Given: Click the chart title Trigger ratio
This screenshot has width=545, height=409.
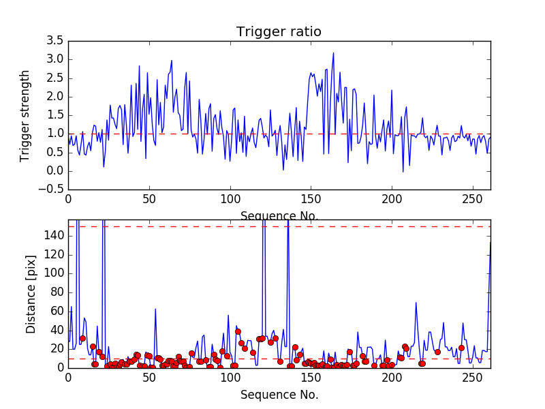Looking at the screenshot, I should [x=279, y=32].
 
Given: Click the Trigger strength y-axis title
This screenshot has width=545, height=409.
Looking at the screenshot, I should [x=26, y=115].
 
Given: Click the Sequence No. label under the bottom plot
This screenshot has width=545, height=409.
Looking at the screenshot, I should [x=279, y=395].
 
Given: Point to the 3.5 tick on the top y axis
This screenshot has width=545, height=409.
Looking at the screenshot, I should [x=55, y=41].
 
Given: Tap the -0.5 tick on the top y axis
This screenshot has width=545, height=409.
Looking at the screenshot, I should [x=52, y=190].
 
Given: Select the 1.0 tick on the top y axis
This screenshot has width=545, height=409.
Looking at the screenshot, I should [x=55, y=134].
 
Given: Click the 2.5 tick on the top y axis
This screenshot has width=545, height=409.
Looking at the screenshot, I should [x=55, y=78].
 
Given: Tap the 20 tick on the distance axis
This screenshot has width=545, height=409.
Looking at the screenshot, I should [x=56, y=348].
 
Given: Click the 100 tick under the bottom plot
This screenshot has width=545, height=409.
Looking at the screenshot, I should [x=230, y=376].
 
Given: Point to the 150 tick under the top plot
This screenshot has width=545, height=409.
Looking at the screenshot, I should [x=311, y=199].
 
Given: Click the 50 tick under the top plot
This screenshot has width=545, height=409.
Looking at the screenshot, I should [x=149, y=199].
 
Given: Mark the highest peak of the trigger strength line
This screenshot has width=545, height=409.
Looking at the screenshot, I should [x=334, y=52].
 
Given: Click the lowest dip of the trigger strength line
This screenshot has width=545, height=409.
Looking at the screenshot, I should [x=403, y=171].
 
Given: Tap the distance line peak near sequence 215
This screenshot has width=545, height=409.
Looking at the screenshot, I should [x=416, y=303].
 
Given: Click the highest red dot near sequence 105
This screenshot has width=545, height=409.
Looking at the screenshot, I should [x=238, y=331].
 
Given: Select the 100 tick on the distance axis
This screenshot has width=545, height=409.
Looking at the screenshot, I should [x=53, y=273].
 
